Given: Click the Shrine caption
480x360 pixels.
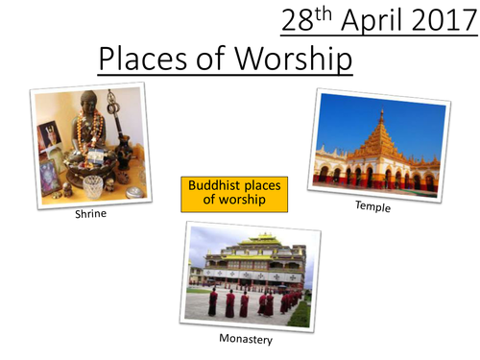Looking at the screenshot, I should pos(92,212).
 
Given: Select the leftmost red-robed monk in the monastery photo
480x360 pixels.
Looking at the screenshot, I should pos(212,303).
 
